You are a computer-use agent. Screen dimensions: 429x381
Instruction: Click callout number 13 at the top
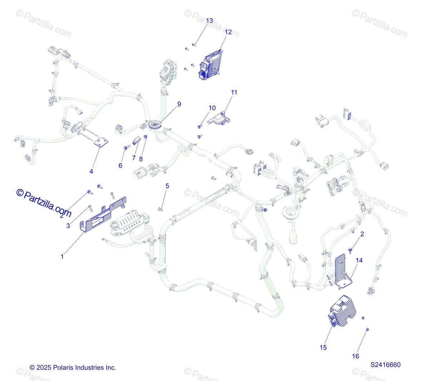point(209,21)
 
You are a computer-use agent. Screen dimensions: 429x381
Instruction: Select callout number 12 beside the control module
point(228,32)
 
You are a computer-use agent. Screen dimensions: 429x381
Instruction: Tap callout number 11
point(234,92)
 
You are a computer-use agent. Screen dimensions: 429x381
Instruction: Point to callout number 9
point(179,104)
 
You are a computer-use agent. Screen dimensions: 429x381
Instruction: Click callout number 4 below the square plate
point(91,172)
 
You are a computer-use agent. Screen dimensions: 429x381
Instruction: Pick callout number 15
point(323,347)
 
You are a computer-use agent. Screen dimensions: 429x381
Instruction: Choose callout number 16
point(355,356)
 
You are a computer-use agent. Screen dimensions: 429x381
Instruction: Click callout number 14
point(359,260)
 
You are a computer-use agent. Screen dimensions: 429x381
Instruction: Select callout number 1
point(62,256)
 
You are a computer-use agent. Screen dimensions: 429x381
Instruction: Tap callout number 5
point(167,186)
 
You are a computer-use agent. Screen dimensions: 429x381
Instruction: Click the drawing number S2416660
point(385,365)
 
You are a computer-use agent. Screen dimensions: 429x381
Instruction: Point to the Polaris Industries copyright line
point(73,367)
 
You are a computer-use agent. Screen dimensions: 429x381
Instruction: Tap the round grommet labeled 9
point(156,124)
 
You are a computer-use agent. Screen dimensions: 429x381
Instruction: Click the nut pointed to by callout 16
point(367,329)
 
